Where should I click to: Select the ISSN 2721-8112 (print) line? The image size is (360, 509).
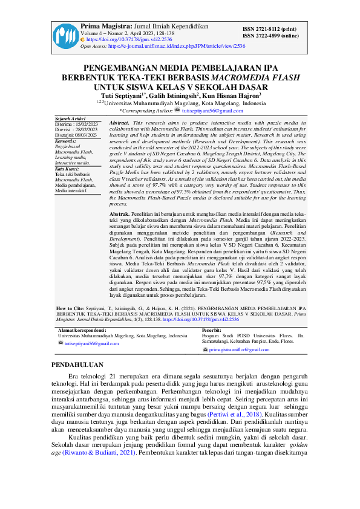coord(269,29)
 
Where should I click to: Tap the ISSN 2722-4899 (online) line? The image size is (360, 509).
coord(270,36)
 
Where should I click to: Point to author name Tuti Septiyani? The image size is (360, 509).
coord(123,96)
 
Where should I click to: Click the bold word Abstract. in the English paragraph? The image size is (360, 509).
coord(119,123)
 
